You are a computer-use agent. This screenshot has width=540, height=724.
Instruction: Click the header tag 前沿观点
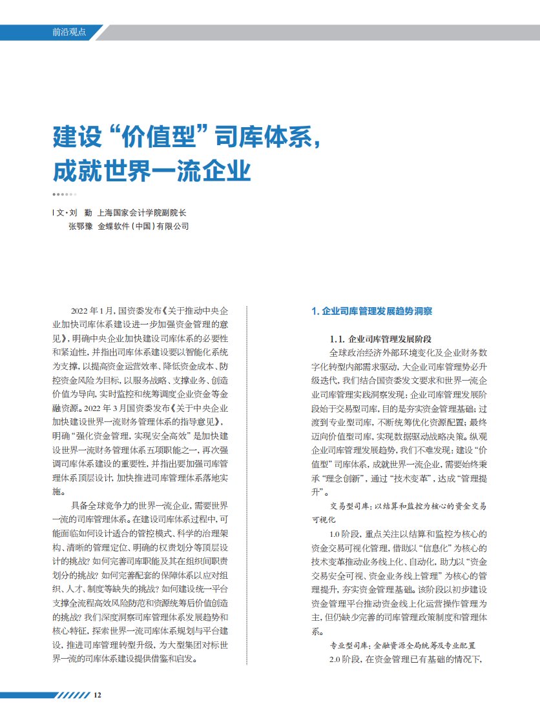69,32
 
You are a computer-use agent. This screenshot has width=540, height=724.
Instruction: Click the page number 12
98,695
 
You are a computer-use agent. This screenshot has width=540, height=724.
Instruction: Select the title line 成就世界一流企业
151,172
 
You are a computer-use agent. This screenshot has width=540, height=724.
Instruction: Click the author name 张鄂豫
79,226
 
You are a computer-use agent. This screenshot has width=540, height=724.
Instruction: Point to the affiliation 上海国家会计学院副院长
143,212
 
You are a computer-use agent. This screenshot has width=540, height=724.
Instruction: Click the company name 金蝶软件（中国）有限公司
143,226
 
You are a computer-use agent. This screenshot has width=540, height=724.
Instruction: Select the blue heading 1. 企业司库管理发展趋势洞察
371,311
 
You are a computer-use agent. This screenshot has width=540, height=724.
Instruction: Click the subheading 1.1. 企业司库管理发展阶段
380,339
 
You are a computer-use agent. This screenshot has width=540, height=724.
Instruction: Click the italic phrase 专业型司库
348,645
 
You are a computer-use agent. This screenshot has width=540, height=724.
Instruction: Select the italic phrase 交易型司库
348,507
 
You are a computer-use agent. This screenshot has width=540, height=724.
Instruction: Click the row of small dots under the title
65,194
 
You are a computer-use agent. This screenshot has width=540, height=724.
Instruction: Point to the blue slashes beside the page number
72,695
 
